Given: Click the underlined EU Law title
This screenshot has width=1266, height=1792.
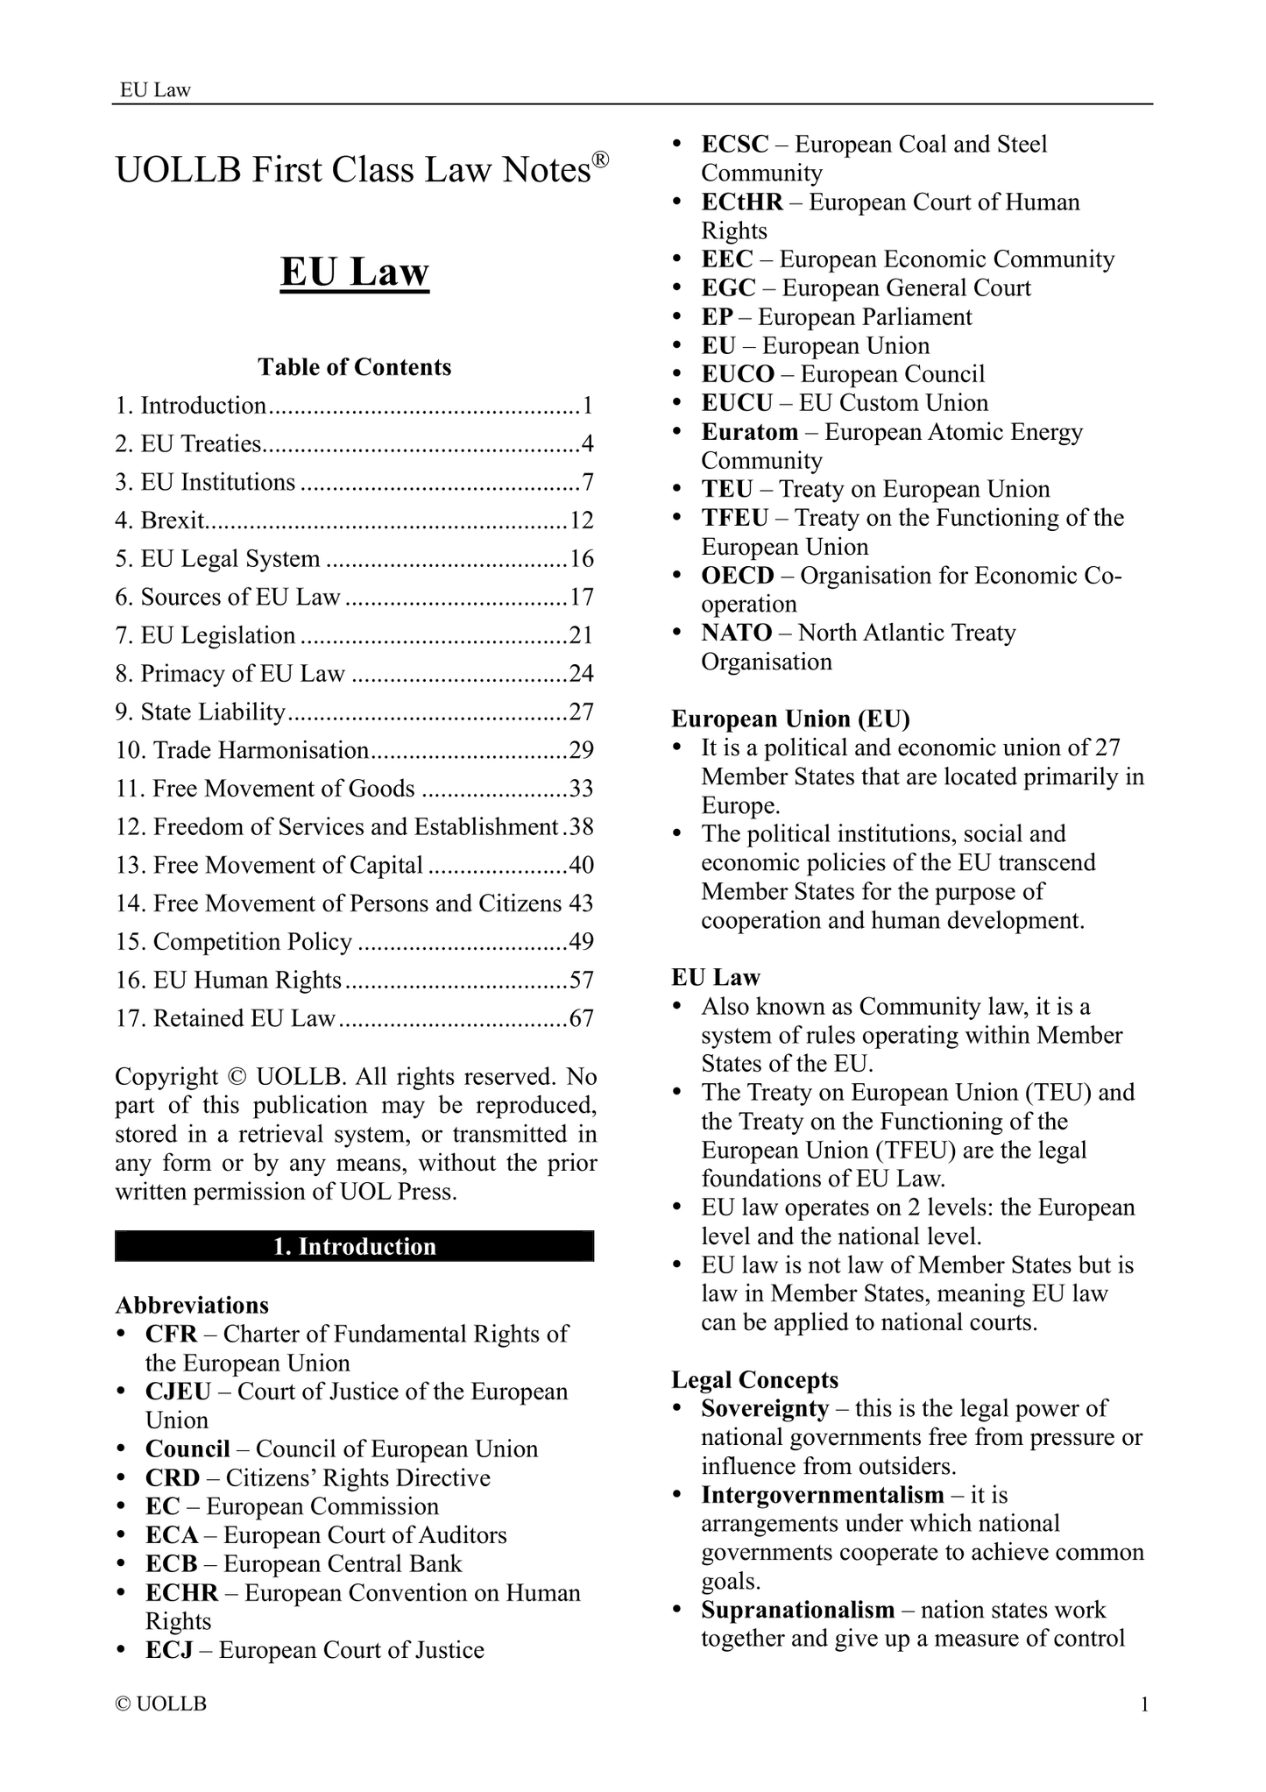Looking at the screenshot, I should click(355, 273).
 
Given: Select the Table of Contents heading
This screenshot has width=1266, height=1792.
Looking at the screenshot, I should click(355, 367).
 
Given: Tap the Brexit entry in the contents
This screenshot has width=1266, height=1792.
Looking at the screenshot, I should click(173, 521).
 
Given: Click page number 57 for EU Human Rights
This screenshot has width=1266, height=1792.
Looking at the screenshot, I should click(582, 980).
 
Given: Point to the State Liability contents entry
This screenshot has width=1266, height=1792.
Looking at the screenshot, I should click(213, 712).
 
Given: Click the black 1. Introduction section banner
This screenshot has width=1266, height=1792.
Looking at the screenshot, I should click(355, 1246).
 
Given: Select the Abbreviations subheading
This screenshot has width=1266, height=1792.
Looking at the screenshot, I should click(192, 1305).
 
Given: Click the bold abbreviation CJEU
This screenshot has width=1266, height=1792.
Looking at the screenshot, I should click(172, 1392).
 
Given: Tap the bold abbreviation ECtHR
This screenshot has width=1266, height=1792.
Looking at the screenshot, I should click(742, 202).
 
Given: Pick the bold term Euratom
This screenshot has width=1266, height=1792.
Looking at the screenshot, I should click(750, 432).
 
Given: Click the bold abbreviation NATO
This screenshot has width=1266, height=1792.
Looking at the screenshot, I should click(737, 633).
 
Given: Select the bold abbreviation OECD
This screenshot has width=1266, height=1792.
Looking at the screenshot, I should click(739, 576).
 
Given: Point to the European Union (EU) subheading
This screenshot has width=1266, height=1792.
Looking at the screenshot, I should click(791, 719).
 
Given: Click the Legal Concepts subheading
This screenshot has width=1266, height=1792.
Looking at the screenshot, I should click(754, 1380).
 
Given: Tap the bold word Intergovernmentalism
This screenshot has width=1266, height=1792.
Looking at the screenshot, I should click(823, 1495).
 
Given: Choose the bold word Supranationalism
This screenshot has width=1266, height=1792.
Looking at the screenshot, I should click(798, 1610).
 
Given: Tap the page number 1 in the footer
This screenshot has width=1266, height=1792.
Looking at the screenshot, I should click(1144, 1704).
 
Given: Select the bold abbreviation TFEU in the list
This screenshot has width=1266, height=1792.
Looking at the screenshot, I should click(735, 518).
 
